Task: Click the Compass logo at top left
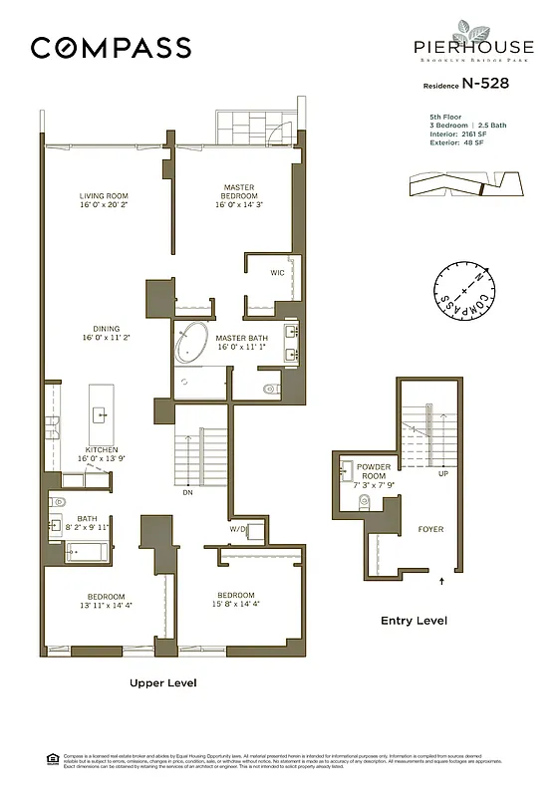(x=110, y=47)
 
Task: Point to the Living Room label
(x=105, y=195)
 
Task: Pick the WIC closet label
(x=278, y=272)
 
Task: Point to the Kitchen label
(x=102, y=449)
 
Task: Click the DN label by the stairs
(x=187, y=492)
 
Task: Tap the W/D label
(x=238, y=529)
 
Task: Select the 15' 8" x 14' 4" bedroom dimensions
(x=237, y=604)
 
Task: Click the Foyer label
(x=430, y=529)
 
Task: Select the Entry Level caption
(x=414, y=621)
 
